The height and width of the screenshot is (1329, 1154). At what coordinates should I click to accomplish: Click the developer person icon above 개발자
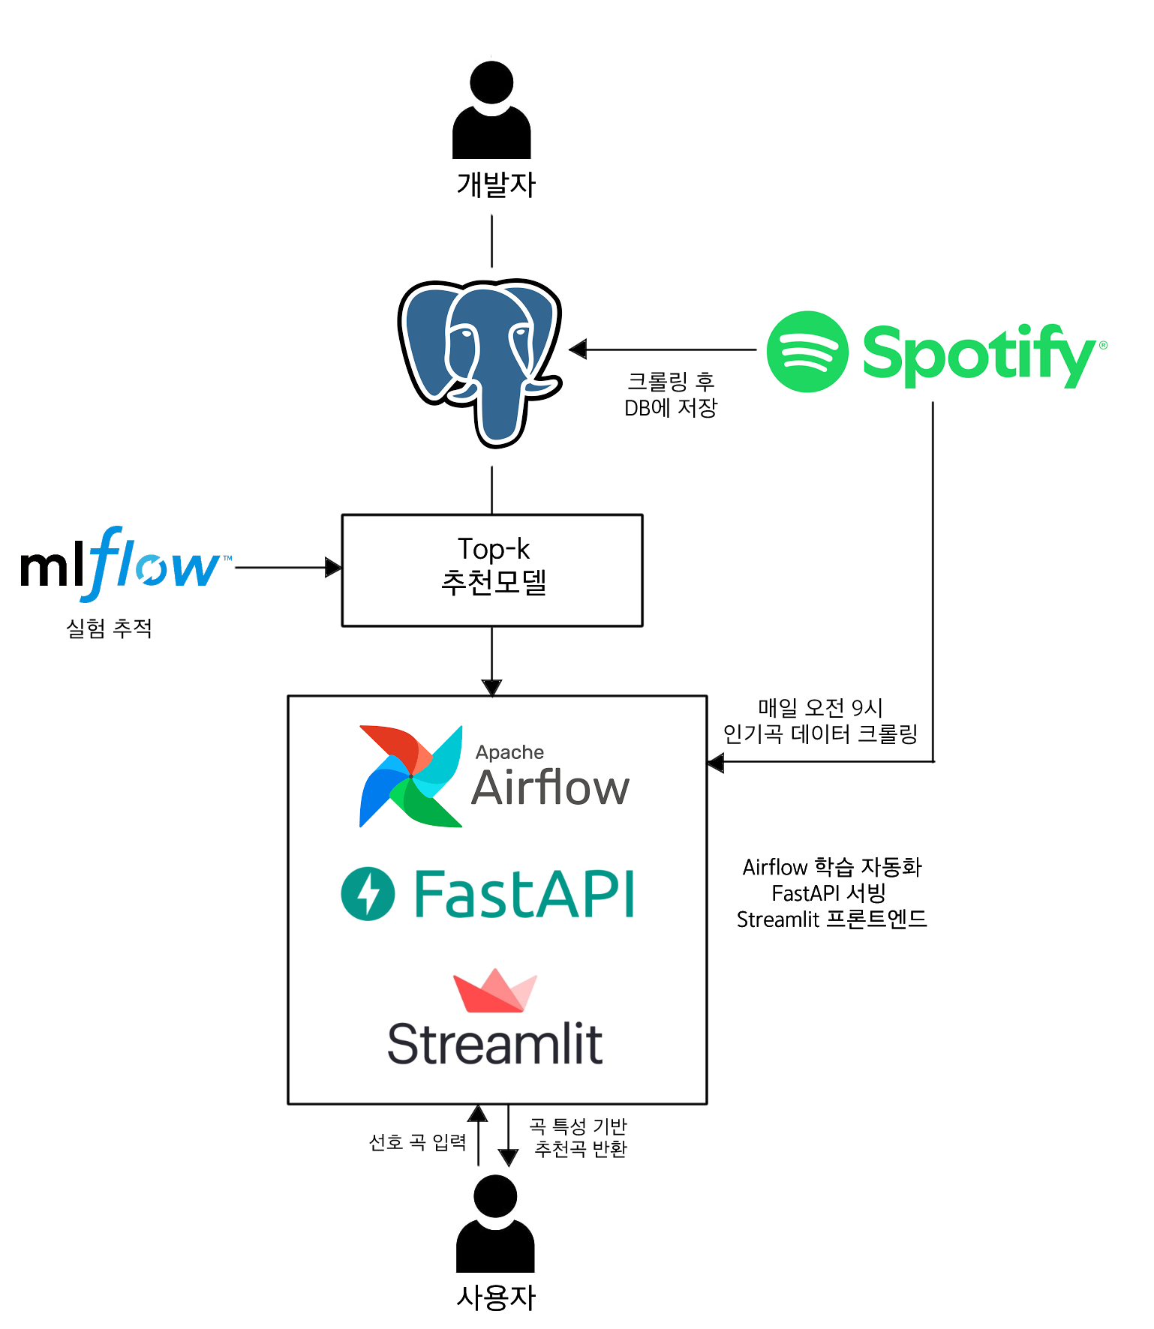tap(491, 112)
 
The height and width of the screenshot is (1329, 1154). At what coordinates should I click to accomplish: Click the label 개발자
tap(496, 184)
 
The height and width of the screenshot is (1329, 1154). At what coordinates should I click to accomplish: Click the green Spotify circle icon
tap(807, 352)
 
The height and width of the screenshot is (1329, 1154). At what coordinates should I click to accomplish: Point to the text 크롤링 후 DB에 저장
tap(671, 394)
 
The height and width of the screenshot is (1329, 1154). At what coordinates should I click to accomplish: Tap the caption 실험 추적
tap(110, 628)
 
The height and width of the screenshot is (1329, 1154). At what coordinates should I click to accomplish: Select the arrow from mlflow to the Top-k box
tap(285, 568)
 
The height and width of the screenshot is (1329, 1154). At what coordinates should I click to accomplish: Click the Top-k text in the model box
tap(493, 549)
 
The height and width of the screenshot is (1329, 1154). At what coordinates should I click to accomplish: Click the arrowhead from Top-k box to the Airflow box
tap(491, 687)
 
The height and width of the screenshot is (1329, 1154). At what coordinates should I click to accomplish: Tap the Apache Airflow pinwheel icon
tap(410, 776)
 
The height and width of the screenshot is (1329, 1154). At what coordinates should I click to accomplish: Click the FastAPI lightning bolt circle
tap(368, 893)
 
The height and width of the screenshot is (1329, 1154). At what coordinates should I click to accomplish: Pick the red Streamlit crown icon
tap(494, 991)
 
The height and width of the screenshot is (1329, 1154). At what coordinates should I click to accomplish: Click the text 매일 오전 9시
tap(820, 707)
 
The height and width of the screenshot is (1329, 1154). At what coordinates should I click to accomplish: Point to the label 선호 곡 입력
tap(417, 1142)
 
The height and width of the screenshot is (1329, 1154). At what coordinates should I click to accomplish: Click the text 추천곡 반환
tap(580, 1149)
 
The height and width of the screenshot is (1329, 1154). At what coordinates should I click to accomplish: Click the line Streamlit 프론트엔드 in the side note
tap(831, 919)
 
